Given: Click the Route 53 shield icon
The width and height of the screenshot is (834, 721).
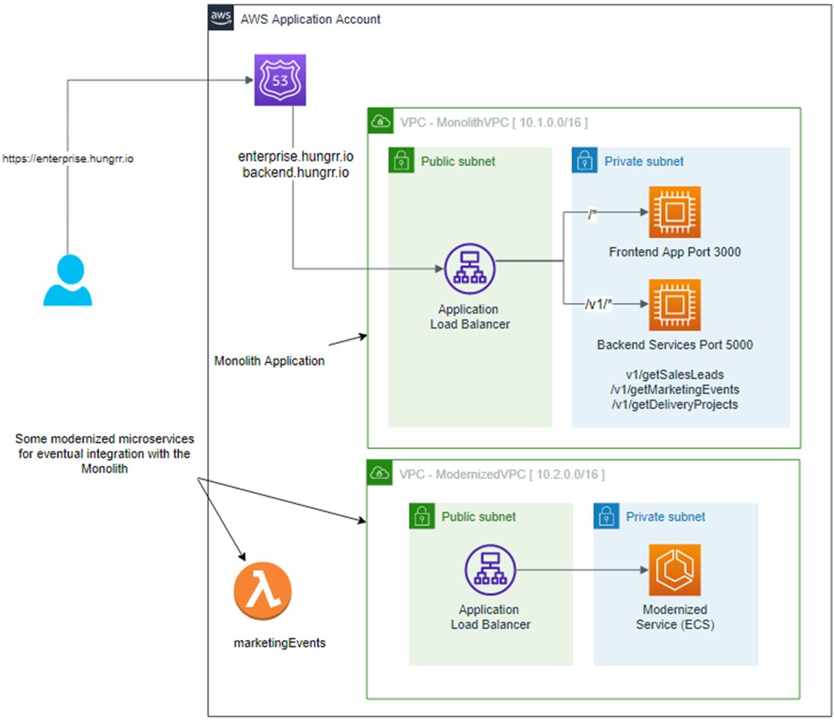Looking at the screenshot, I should point(280,80).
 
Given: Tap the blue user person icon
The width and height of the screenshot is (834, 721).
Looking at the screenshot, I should point(68,280).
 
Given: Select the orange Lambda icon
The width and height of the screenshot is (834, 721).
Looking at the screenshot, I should point(263,591).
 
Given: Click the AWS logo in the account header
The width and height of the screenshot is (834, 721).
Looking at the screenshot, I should point(221,17).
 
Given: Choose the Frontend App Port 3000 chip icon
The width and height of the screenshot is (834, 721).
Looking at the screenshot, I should point(674,212).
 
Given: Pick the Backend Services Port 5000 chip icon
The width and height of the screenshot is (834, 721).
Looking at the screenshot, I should point(674,305).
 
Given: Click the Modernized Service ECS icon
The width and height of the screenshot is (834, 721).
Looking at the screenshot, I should point(674,569).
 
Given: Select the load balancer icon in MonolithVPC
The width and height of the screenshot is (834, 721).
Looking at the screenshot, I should point(470,269).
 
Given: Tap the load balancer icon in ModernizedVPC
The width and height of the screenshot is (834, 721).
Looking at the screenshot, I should point(490,569).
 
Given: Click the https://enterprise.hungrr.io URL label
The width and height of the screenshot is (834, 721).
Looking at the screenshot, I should point(68,158).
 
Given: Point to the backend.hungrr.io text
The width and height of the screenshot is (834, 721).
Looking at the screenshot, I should point(295,172).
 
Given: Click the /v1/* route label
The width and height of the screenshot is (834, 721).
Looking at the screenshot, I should point(599,304).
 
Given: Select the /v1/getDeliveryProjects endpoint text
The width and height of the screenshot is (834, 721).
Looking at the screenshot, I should point(674,405).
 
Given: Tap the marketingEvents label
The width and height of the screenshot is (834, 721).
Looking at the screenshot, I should point(279,643).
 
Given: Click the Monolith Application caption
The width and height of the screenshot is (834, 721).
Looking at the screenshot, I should point(269,360).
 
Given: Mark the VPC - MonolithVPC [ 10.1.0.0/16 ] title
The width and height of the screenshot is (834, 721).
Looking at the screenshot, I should point(494,122).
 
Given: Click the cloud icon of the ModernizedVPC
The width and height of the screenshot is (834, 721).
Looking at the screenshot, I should point(380,473).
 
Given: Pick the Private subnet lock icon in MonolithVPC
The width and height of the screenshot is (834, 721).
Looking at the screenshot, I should point(584,161).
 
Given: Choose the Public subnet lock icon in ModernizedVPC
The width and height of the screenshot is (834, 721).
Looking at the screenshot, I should point(422,516).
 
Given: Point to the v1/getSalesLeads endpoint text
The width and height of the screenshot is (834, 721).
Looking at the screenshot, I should point(674,374).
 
